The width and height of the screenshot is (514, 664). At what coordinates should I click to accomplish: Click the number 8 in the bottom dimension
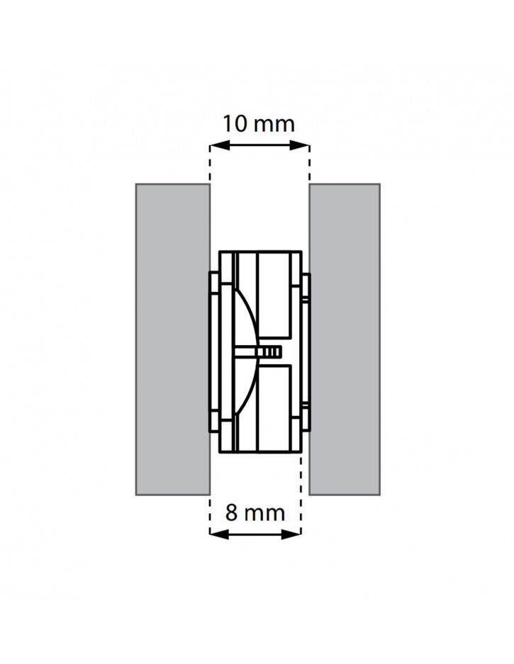pyautogui.click(x=231, y=512)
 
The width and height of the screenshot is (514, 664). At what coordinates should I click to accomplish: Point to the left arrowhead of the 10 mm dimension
pyautogui.click(x=220, y=146)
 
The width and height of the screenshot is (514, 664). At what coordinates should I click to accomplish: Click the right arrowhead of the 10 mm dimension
pyautogui.click(x=300, y=146)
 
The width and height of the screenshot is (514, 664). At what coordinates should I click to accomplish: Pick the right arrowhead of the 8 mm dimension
pyautogui.click(x=291, y=534)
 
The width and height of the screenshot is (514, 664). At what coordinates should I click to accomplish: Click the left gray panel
pyautogui.click(x=173, y=339)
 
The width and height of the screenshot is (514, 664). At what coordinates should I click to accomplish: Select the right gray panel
pyautogui.click(x=345, y=339)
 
